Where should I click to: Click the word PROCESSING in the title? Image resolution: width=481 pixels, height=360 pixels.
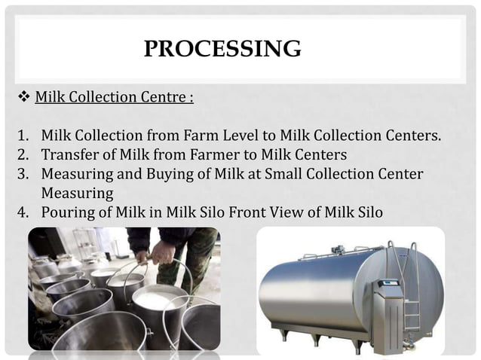[222, 49]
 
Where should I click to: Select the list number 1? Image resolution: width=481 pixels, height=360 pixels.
[23, 136]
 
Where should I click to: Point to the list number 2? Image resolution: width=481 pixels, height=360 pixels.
[23, 156]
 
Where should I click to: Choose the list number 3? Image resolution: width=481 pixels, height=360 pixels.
[23, 175]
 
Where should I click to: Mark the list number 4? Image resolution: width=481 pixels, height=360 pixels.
[23, 213]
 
